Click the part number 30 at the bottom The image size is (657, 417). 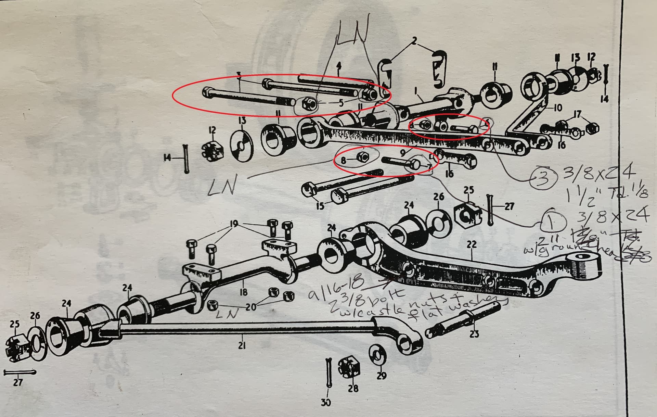(326, 402)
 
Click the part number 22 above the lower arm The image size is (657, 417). (471, 244)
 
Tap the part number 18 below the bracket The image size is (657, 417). (243, 292)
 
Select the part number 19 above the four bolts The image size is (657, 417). (234, 224)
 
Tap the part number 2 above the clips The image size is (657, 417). (414, 40)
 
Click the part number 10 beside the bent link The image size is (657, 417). (557, 108)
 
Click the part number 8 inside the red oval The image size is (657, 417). (343, 160)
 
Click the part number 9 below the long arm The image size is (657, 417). (403, 151)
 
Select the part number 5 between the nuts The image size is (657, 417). (340, 103)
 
